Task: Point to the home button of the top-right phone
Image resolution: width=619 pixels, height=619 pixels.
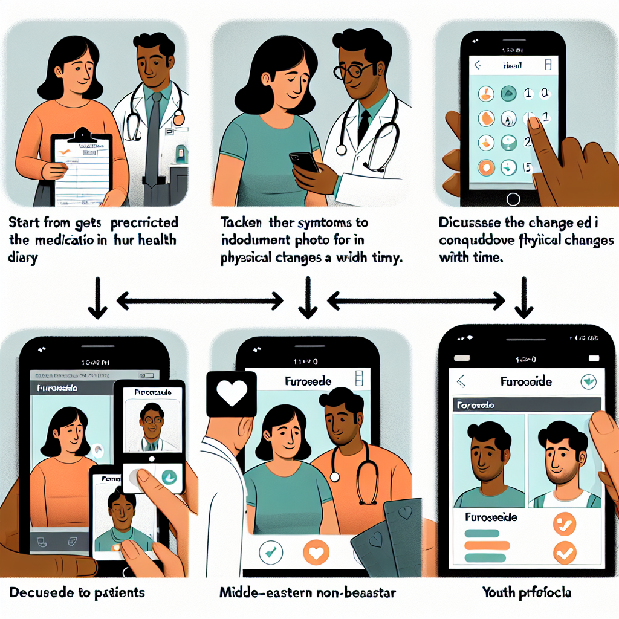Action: [513, 198]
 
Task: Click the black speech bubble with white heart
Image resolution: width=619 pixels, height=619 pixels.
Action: [231, 394]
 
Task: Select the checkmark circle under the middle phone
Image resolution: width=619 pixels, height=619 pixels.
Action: [269, 551]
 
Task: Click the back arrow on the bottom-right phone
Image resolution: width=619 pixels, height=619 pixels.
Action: [461, 381]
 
